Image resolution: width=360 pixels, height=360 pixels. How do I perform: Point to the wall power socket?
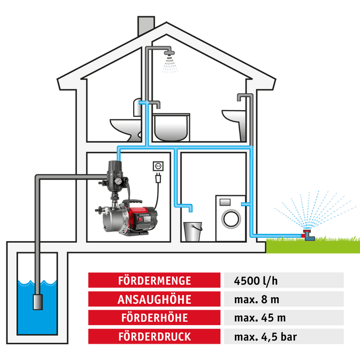(x=159, y=165)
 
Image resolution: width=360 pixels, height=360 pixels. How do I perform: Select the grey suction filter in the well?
(x=38, y=301)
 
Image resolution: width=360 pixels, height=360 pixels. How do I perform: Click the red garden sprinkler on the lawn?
(x=309, y=236)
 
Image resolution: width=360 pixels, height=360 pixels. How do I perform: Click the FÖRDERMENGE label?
(x=155, y=281)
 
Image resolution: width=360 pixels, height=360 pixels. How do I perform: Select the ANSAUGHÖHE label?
(x=155, y=299)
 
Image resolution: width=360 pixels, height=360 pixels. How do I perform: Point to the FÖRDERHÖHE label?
(x=155, y=318)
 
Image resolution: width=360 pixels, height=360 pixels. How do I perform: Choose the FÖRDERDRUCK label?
(x=155, y=337)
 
